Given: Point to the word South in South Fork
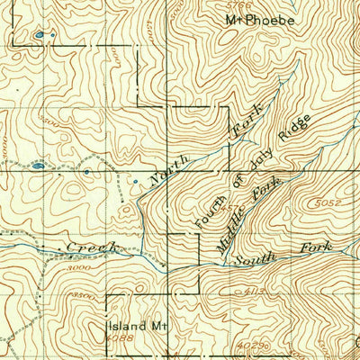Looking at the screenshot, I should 254,258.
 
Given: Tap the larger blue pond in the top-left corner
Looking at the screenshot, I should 39,36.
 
